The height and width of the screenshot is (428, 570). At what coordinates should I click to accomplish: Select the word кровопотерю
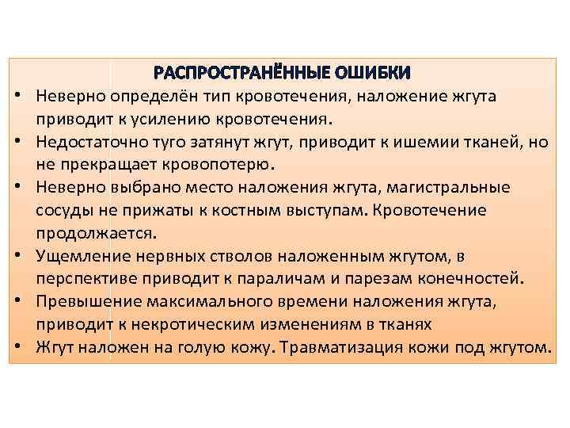(227, 166)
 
